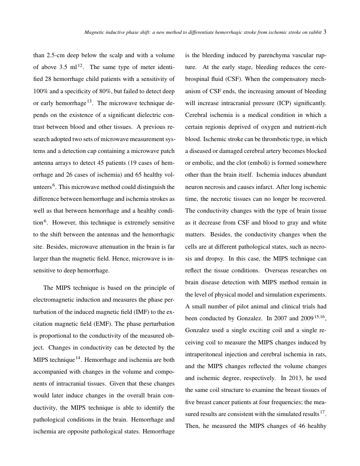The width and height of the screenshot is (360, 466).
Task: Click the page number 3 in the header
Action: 325,32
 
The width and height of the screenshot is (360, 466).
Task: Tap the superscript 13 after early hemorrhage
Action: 89,101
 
